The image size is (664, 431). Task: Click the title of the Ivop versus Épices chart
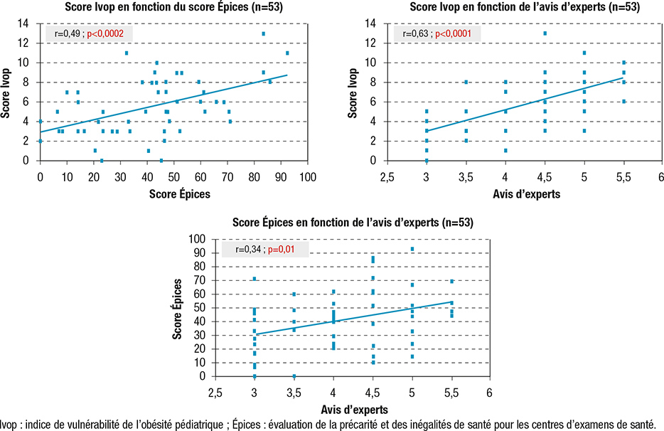173,7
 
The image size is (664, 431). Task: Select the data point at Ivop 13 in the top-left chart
263,33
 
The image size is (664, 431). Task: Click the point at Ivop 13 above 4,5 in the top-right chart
545,33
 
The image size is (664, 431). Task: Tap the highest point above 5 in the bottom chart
412,249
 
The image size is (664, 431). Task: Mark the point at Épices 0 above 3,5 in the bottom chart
294,376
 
